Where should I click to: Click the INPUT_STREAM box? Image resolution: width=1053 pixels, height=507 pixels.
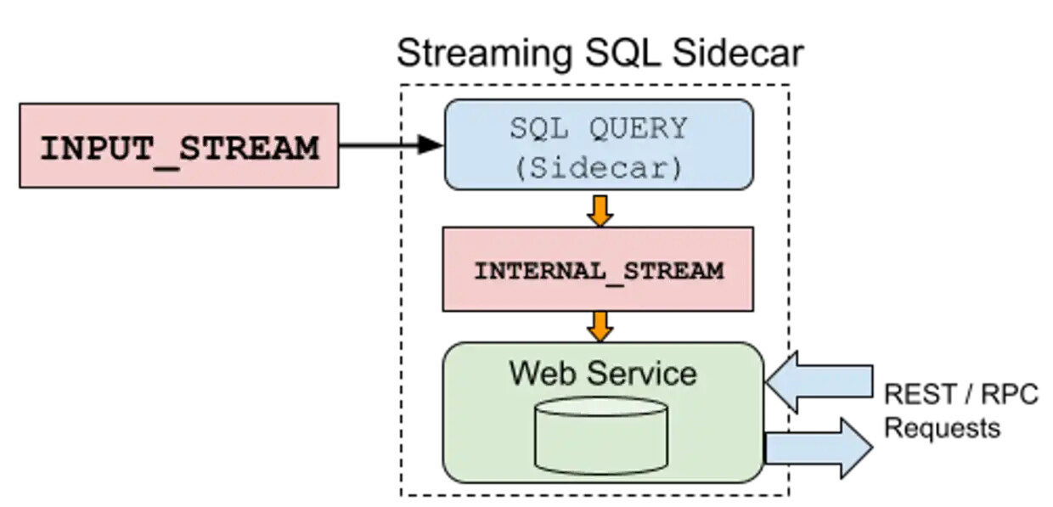(179, 145)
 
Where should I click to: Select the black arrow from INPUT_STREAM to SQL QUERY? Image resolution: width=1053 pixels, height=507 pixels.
(391, 145)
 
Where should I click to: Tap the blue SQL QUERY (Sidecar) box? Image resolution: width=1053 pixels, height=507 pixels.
(599, 144)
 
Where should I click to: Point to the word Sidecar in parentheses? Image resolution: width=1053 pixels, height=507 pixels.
(599, 167)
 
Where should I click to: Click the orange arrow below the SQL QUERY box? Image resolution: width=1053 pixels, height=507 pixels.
(600, 210)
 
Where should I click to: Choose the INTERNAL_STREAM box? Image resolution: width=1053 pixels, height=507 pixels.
(599, 270)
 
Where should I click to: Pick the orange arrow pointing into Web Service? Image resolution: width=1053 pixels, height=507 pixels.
(600, 326)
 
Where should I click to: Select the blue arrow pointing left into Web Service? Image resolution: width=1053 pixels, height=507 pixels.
(817, 382)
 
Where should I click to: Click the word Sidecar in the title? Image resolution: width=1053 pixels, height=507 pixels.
(737, 54)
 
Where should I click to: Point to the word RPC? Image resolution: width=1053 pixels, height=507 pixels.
(1010, 395)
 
